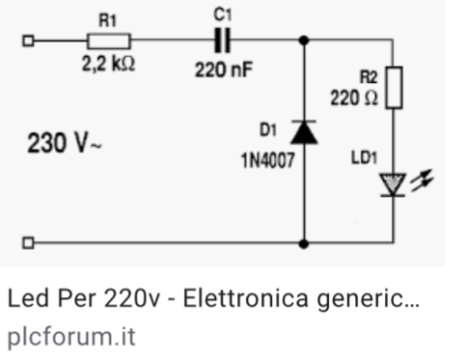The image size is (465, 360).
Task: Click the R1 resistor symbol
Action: pyautogui.click(x=109, y=41)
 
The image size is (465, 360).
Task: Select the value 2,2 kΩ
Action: pyautogui.click(x=107, y=66)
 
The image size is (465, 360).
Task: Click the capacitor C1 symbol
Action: pyautogui.click(x=223, y=41)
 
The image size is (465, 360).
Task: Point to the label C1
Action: pyautogui.click(x=223, y=15)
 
